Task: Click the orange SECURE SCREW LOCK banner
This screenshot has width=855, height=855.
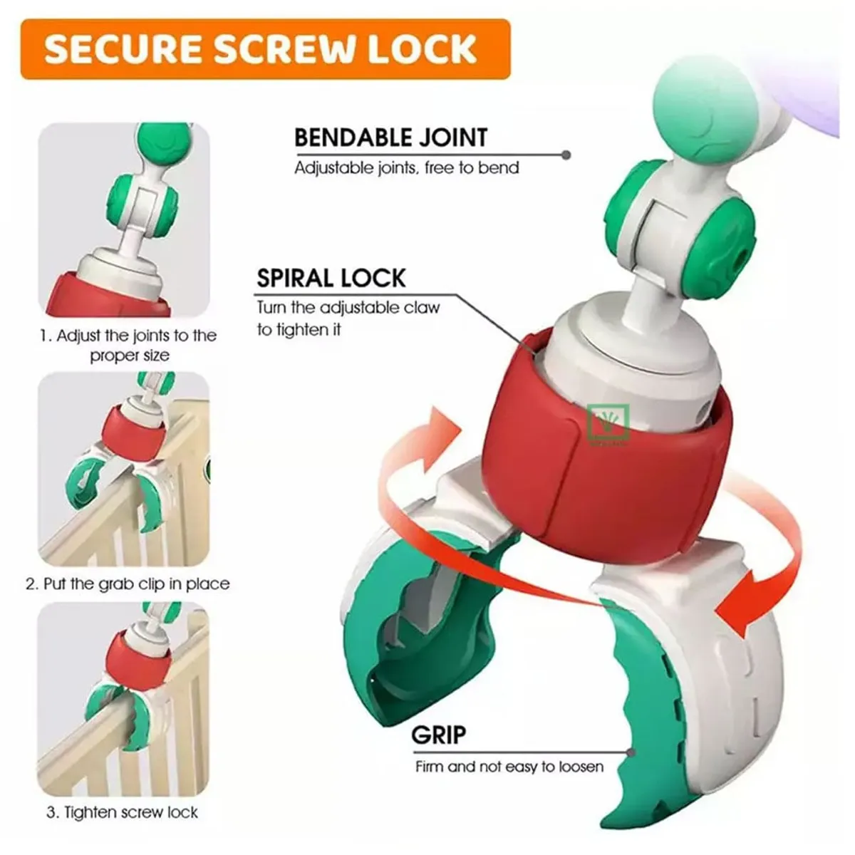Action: (265, 49)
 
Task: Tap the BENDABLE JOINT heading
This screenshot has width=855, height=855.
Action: (391, 138)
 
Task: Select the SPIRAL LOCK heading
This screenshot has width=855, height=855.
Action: (331, 278)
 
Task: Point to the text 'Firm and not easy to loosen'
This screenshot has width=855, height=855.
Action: (509, 729)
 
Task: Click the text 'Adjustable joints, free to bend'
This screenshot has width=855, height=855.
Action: (406, 168)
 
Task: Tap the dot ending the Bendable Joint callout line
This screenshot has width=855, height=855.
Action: (566, 155)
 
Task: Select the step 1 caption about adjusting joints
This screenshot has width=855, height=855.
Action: (129, 345)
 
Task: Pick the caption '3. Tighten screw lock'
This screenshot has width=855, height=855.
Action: (122, 812)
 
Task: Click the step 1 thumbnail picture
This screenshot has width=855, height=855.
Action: (124, 219)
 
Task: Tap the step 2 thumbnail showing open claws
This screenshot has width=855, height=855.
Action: (124, 469)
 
